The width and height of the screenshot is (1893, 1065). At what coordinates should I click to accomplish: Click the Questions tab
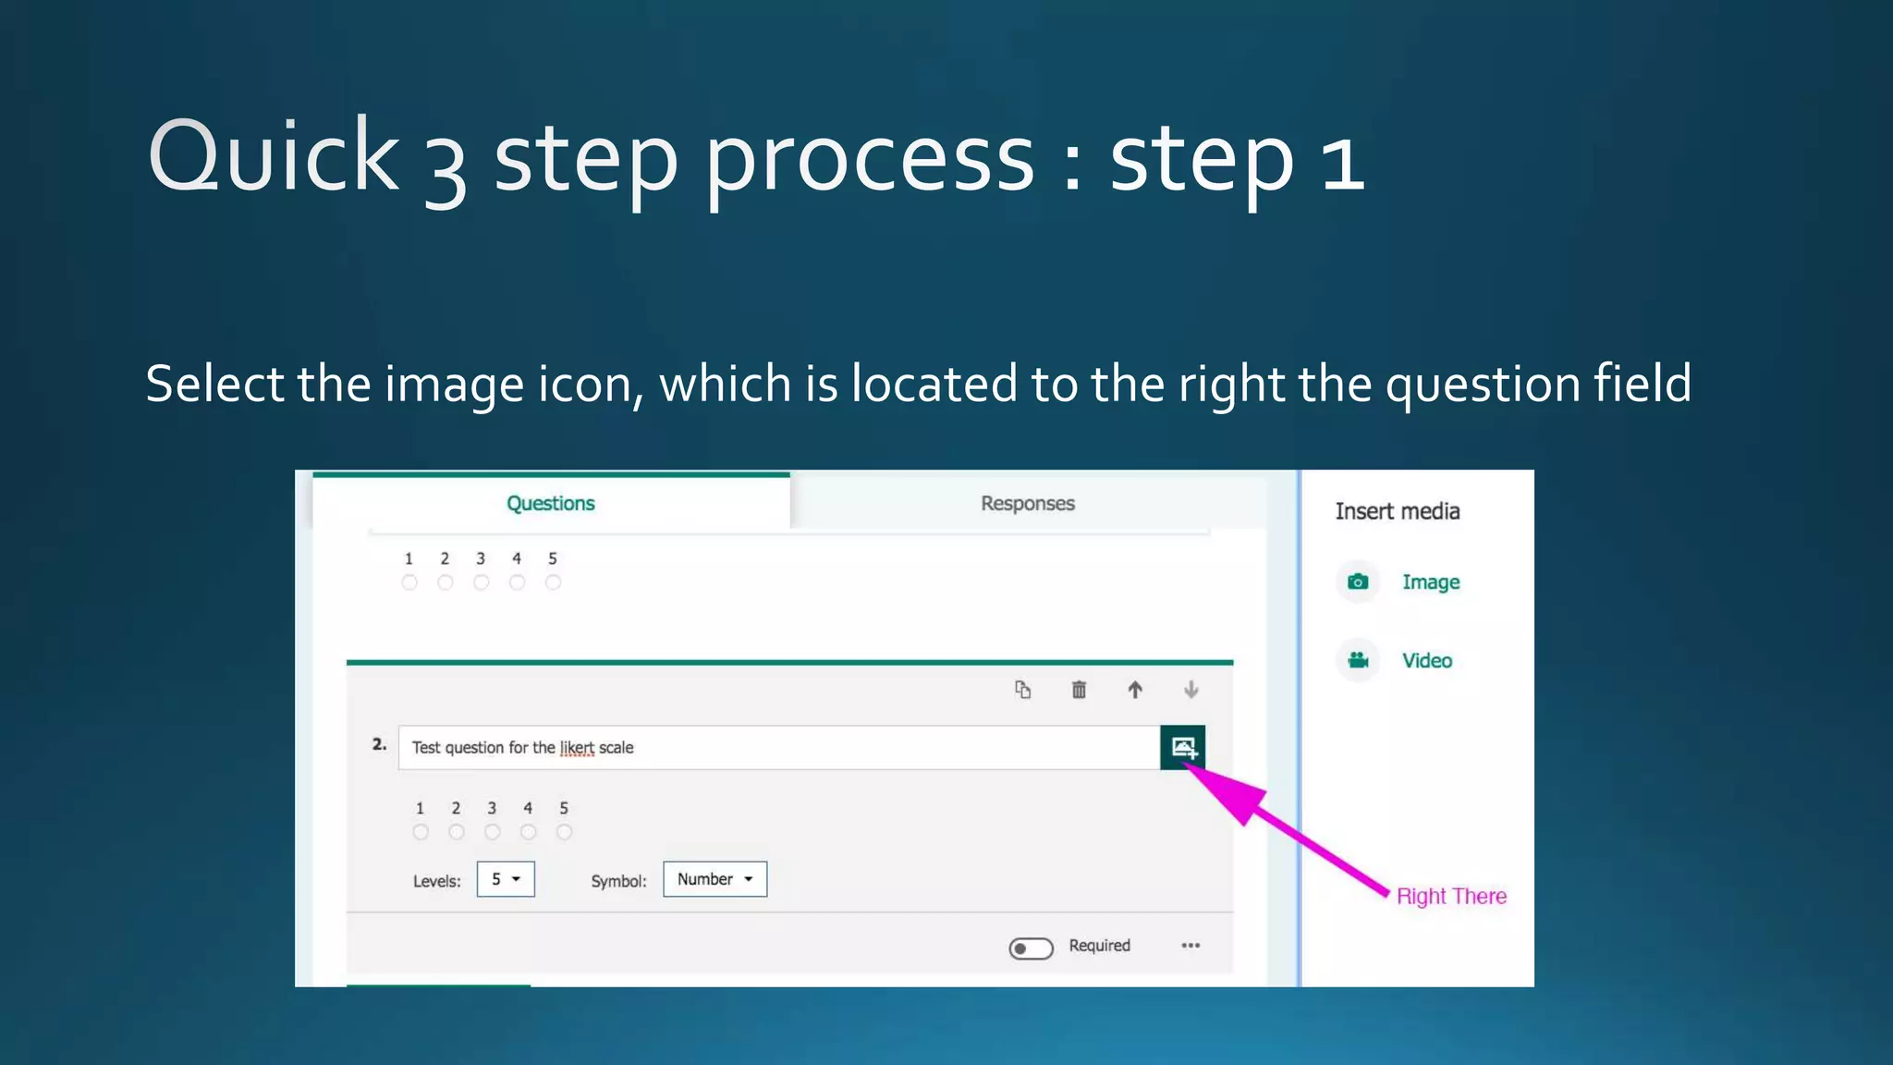551,504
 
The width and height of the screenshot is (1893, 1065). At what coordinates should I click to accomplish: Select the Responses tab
1027,504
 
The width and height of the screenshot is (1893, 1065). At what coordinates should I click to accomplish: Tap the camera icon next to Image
1358,581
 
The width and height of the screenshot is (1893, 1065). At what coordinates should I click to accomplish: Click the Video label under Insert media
1426,661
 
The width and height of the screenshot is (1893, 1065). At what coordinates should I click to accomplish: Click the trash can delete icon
1079,690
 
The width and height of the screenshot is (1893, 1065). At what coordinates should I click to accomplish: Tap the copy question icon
1022,690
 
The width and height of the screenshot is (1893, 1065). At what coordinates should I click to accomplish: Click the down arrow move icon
1191,690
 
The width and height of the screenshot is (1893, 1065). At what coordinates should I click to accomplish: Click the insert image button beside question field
1183,747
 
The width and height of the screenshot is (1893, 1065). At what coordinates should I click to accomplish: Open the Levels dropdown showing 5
506,879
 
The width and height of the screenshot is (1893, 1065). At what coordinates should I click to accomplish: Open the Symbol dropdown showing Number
714,879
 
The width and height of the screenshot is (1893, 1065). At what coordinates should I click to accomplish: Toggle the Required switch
1031,949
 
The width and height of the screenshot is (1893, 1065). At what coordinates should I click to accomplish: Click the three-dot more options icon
1191,946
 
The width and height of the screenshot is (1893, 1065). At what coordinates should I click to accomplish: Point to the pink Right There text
1451,896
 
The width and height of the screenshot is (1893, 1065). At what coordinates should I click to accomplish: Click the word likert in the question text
577,748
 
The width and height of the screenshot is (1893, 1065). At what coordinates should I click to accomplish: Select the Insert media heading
1397,511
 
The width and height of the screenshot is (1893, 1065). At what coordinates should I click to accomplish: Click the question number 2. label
379,744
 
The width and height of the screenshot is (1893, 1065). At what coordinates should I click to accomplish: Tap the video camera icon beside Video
1358,660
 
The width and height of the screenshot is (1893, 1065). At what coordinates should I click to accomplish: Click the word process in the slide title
869,159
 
